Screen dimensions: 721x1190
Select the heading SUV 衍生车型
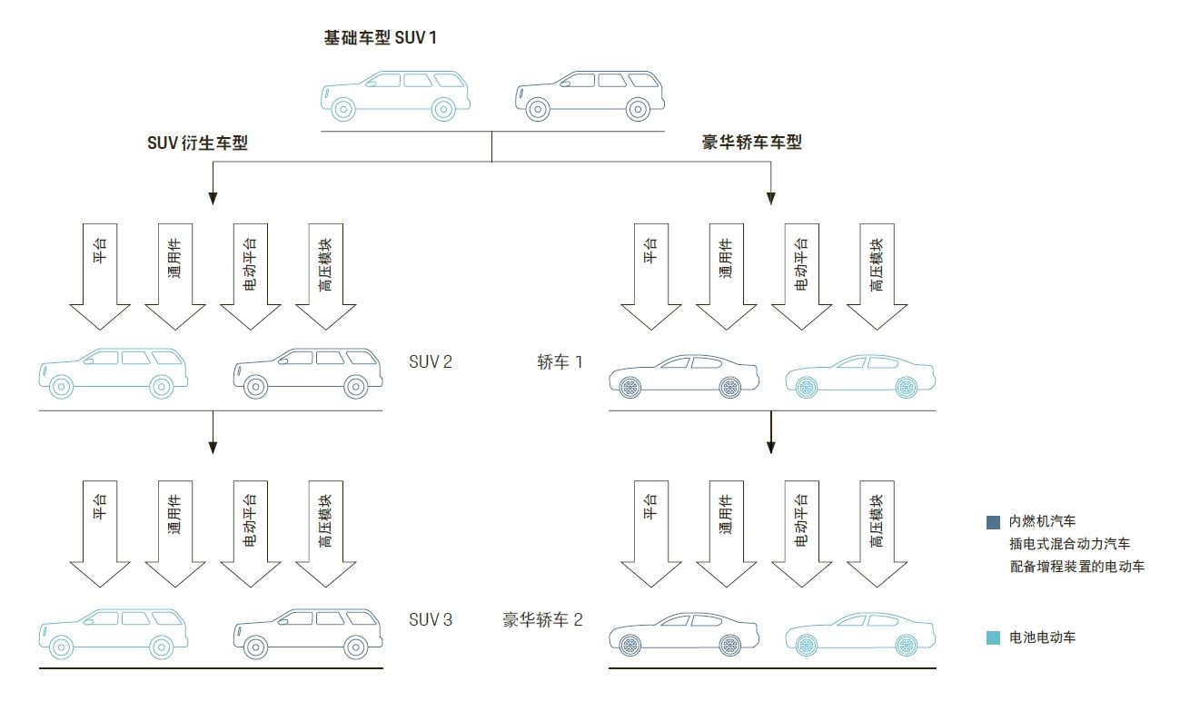click(197, 143)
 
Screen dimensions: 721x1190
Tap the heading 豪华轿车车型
click(751, 143)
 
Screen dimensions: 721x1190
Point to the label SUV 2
click(431, 361)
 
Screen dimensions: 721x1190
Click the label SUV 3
click(431, 620)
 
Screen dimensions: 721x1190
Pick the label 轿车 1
click(560, 361)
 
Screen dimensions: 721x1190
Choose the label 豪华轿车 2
click(542, 620)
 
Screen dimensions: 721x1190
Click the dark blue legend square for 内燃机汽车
click(993, 522)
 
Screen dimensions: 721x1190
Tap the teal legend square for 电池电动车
click(993, 638)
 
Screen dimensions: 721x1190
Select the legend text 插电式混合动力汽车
click(1069, 544)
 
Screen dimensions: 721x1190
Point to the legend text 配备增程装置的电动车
click(1076, 567)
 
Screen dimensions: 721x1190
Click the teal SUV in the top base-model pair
click(395, 95)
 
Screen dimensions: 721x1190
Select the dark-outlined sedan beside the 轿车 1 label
click(683, 374)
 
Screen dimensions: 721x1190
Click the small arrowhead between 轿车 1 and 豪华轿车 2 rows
click(771, 446)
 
